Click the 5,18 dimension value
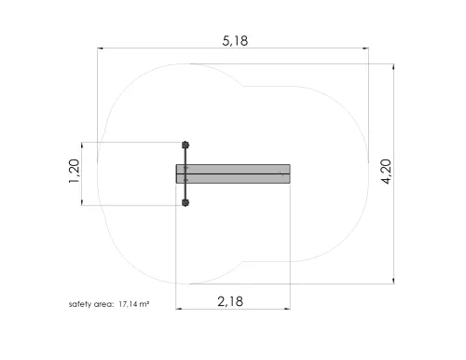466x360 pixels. (235, 41)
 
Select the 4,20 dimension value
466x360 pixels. (386, 172)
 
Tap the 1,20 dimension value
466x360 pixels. (75, 171)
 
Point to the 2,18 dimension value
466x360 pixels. (230, 301)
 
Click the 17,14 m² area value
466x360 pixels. (134, 304)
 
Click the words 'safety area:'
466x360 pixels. (91, 304)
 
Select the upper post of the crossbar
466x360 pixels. (185, 145)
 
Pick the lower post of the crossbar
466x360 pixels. (185, 203)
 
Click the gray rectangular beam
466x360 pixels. (233, 173)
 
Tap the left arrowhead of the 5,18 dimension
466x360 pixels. (100, 48)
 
